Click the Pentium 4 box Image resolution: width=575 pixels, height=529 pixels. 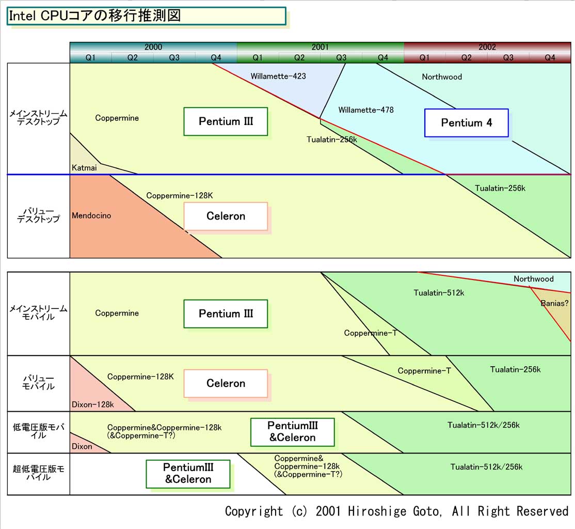pyautogui.click(x=466, y=123)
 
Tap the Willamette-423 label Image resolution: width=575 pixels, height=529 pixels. pyautogui.click(x=278, y=76)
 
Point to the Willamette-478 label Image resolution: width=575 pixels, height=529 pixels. pyautogui.click(x=366, y=110)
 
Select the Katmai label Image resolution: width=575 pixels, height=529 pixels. pyautogui.click(x=84, y=167)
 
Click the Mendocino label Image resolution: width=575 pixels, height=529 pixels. pyautogui.click(x=91, y=215)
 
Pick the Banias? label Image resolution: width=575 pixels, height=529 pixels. pyautogui.click(x=554, y=303)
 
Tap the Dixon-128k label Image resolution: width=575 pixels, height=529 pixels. pyautogui.click(x=93, y=404)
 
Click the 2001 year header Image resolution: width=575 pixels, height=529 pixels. pyautogui.click(x=320, y=47)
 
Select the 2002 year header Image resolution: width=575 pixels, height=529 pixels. pyautogui.click(x=487, y=47)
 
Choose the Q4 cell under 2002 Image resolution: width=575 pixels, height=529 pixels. pyautogui.click(x=550, y=57)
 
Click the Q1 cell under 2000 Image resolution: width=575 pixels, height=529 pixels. pyautogui.click(x=91, y=57)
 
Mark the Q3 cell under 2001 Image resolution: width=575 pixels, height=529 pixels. pyautogui.click(x=341, y=57)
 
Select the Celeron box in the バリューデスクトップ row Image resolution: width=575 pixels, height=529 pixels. pyautogui.click(x=226, y=216)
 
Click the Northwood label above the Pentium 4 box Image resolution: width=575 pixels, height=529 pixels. pyautogui.click(x=442, y=77)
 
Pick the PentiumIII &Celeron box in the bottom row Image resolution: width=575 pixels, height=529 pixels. pyautogui.click(x=188, y=473)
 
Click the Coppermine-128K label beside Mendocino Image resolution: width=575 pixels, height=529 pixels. pyautogui.click(x=180, y=196)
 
